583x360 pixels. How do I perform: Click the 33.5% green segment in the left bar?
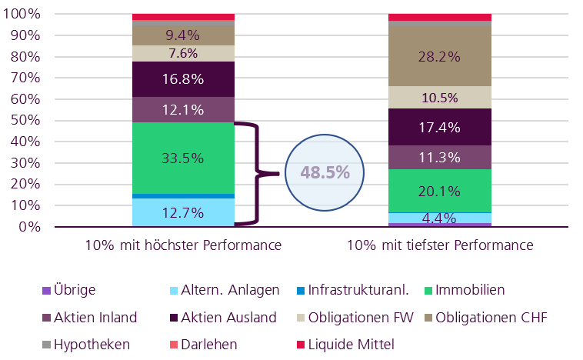[183, 158]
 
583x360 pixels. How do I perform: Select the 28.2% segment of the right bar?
[439, 57]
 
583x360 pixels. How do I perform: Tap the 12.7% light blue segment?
[183, 213]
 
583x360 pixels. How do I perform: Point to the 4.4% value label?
[439, 218]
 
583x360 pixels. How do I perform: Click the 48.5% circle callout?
[325, 172]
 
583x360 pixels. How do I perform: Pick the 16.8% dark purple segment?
[183, 78]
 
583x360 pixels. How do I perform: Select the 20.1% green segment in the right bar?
[439, 191]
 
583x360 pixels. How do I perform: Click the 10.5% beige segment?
[439, 98]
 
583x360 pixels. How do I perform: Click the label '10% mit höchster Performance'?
[183, 246]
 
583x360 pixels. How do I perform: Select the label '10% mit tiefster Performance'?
[439, 246]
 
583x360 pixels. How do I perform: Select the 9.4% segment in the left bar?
[183, 35]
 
